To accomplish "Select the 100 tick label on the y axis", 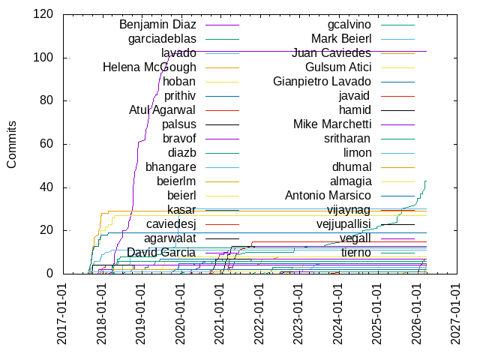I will (x=43, y=58).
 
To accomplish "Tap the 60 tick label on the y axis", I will (x=46, y=144).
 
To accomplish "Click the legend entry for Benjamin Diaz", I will (x=157, y=25).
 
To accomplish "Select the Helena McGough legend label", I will (x=149, y=67).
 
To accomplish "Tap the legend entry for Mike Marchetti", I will (x=331, y=124).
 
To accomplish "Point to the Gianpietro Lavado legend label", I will (x=322, y=81).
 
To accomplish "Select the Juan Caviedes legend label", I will (x=331, y=53).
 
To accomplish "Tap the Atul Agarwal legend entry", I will (x=163, y=110).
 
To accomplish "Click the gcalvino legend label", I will (x=349, y=25).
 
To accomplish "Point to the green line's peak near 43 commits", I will (x=425, y=181).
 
